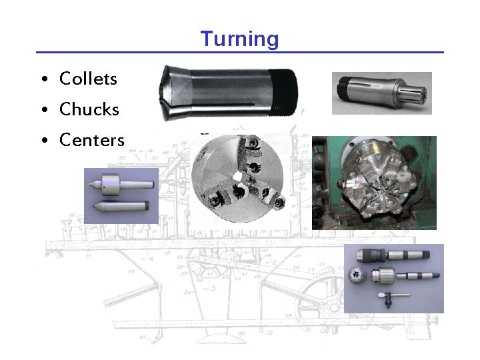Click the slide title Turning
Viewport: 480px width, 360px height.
coord(240,39)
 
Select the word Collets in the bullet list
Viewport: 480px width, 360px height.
coord(88,79)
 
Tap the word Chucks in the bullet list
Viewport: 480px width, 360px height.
coord(89,109)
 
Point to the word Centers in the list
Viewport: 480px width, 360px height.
coord(92,140)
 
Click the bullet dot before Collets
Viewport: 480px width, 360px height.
coord(43,80)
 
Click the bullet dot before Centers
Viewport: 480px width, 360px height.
coord(43,141)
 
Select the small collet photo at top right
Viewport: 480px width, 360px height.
coord(381,93)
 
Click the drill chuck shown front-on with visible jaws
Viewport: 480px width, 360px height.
coord(356,275)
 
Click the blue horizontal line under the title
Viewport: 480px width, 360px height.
coord(240,52)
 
